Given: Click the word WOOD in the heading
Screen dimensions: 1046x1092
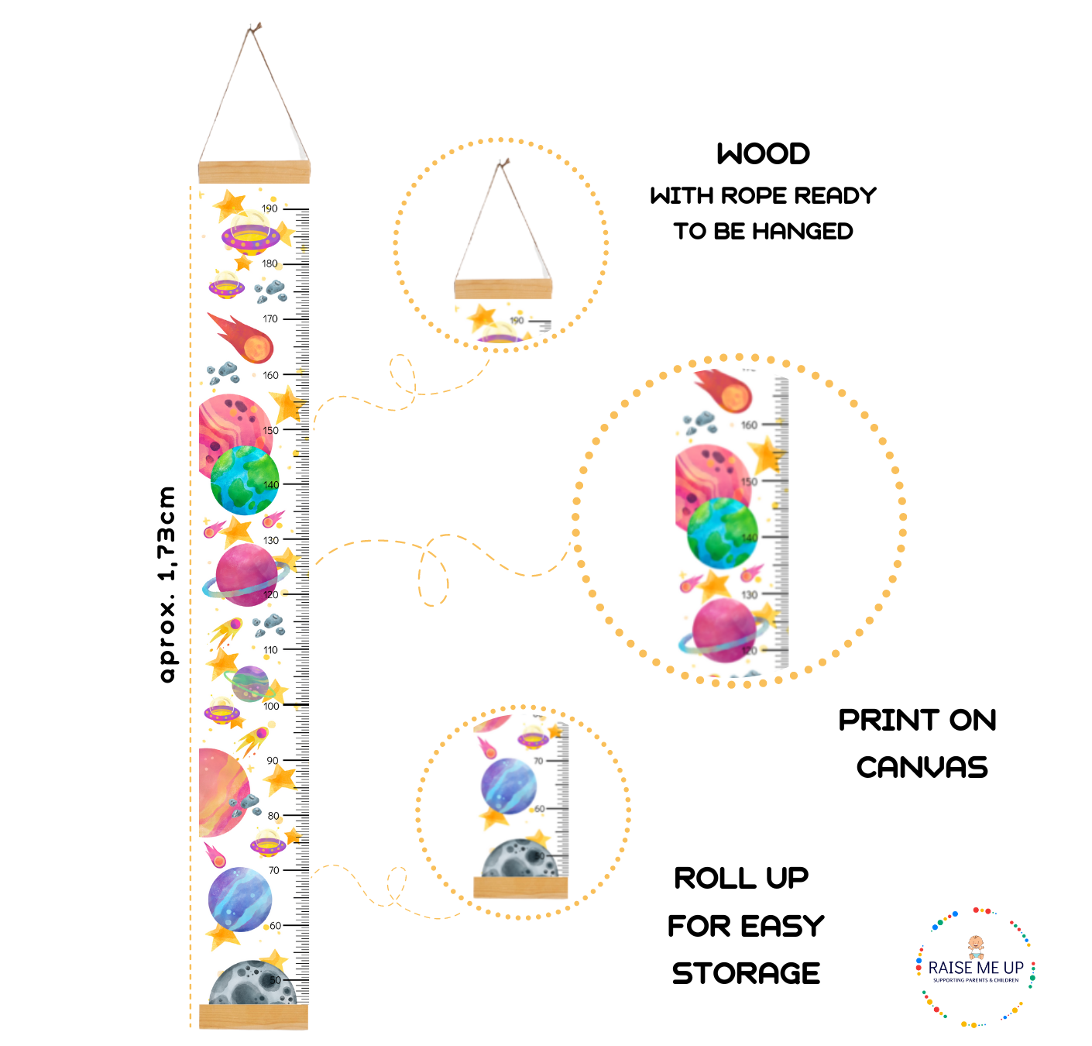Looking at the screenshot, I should (763, 153).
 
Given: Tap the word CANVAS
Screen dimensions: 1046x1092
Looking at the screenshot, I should (922, 768).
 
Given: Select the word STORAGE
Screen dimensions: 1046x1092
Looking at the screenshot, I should (746, 973).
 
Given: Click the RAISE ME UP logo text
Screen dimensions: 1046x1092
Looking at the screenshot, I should (976, 968).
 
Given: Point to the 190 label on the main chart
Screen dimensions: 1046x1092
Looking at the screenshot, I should (270, 208).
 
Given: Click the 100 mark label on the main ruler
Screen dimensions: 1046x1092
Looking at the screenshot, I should (271, 706).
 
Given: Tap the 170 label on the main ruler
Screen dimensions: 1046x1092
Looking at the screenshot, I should (270, 318).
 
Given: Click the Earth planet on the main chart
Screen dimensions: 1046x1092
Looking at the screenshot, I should (244, 480).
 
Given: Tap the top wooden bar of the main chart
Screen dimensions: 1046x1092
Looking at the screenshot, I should (254, 171).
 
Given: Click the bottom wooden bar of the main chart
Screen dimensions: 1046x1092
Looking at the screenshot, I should (253, 1016).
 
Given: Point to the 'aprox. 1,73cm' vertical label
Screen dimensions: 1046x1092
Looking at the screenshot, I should (167, 584).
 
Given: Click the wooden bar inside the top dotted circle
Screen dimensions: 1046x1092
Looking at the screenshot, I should (503, 290).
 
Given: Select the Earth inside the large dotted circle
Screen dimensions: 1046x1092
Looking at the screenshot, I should (722, 533).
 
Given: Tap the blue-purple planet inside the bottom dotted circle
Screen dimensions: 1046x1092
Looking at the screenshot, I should (508, 786).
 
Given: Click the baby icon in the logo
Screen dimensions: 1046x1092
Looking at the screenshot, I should (976, 946).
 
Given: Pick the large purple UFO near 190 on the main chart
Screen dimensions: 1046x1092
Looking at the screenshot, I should (250, 234).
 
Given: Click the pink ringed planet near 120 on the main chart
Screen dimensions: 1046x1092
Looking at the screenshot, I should (246, 575).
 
